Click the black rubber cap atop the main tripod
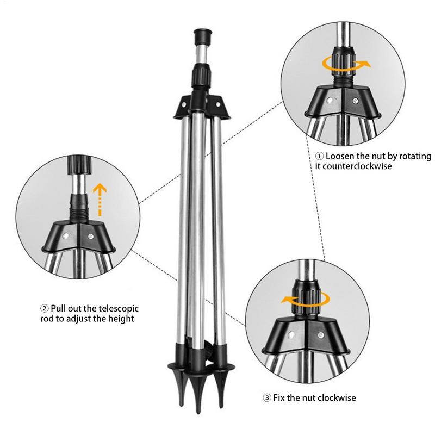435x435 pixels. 203,36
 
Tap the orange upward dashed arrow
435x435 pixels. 100,200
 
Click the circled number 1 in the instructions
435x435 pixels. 320,156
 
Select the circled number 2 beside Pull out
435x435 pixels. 45,308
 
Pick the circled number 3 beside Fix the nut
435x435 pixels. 267,398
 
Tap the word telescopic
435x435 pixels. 119,308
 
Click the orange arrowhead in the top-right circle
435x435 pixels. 366,64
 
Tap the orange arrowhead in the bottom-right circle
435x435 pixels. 286,300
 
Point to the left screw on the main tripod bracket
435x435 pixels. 184,104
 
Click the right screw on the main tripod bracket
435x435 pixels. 218,104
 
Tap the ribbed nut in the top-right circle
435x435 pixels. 344,63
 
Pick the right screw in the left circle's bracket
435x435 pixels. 90,237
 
